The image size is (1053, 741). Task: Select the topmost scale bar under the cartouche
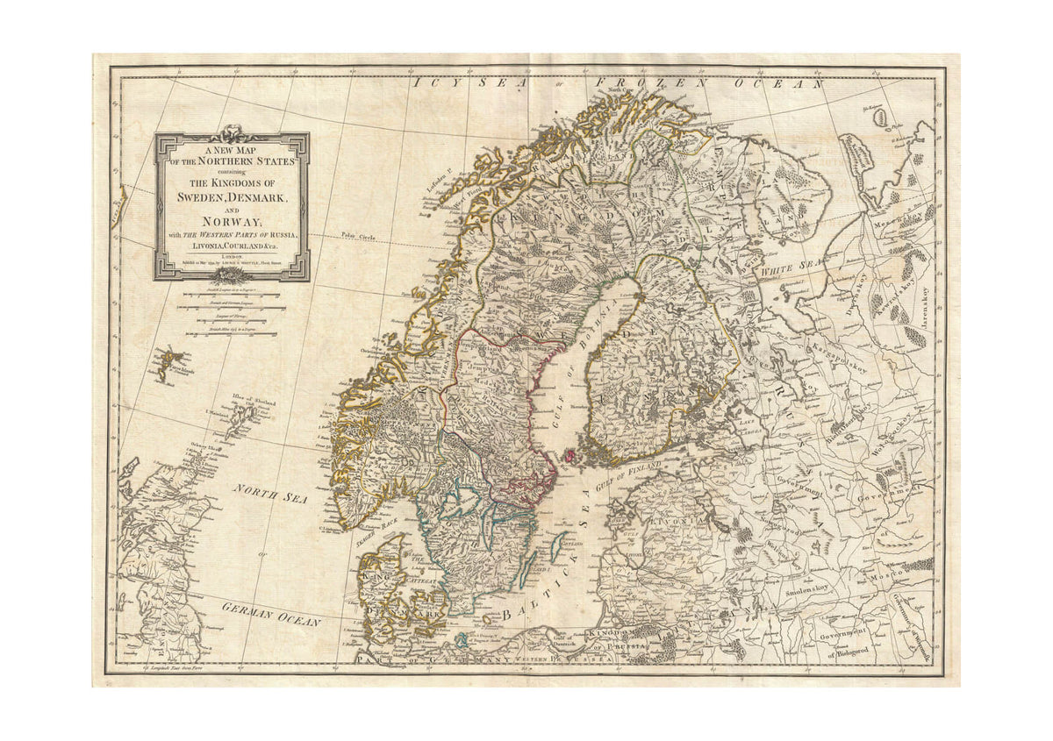tap(233, 295)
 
